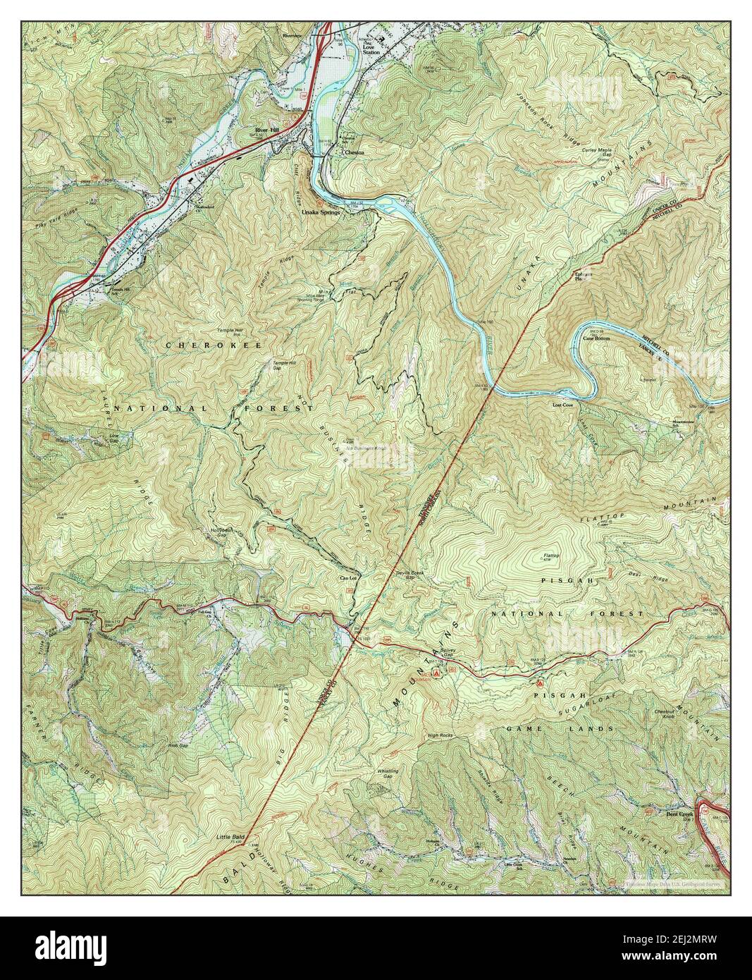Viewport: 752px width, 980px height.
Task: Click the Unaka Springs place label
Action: coord(321,212)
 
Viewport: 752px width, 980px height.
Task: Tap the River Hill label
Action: coord(268,132)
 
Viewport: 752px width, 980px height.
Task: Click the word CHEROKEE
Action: coord(214,345)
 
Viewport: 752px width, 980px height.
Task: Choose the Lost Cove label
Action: coord(562,406)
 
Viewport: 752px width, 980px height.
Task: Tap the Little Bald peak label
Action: coord(228,837)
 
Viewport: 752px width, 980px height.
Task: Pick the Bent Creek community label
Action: coord(679,814)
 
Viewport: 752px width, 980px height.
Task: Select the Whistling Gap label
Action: coord(388,773)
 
